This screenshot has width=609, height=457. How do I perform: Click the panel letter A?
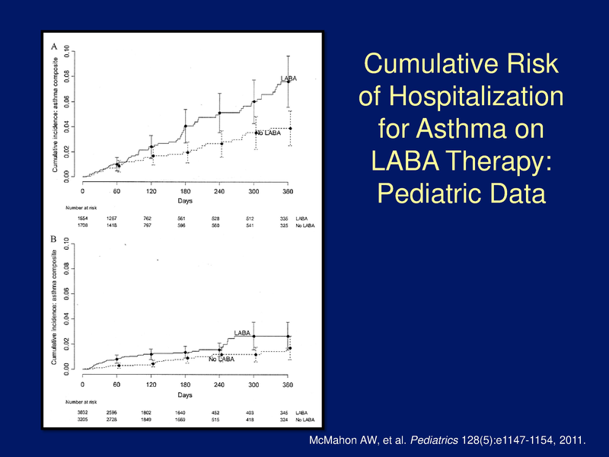tap(54, 46)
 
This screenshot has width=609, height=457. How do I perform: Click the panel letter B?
tap(54, 239)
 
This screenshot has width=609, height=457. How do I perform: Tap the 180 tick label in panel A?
tap(185, 191)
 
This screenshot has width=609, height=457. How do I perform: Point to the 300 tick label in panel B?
tap(254, 385)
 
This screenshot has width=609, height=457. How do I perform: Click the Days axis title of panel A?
tap(185, 203)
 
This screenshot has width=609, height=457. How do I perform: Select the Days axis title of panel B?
tap(185, 396)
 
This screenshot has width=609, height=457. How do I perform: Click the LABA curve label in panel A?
tap(289, 78)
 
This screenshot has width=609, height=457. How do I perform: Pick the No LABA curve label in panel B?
tap(222, 360)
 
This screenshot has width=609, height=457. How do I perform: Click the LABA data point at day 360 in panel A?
tap(288, 81)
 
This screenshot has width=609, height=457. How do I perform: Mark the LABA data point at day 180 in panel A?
tap(185, 126)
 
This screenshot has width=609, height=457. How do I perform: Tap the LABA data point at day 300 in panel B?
tap(254, 336)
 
